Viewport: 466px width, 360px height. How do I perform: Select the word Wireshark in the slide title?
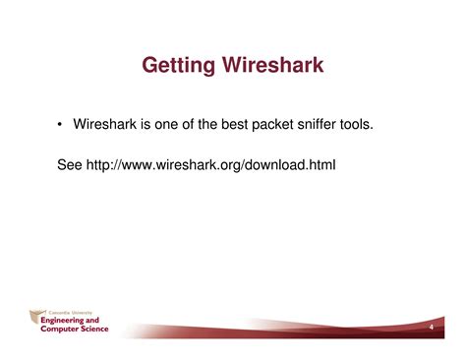(x=274, y=67)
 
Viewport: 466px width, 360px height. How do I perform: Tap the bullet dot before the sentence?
(x=60, y=124)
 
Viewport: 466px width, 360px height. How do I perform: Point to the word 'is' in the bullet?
(x=156, y=124)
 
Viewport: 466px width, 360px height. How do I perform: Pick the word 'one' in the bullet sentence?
(x=180, y=124)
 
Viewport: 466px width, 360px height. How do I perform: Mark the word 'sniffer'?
(x=356, y=124)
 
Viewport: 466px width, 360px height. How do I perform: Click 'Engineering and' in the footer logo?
(x=70, y=320)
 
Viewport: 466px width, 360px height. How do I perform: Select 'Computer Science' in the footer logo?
(x=75, y=329)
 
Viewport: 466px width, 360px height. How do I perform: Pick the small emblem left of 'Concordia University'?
(x=33, y=312)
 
